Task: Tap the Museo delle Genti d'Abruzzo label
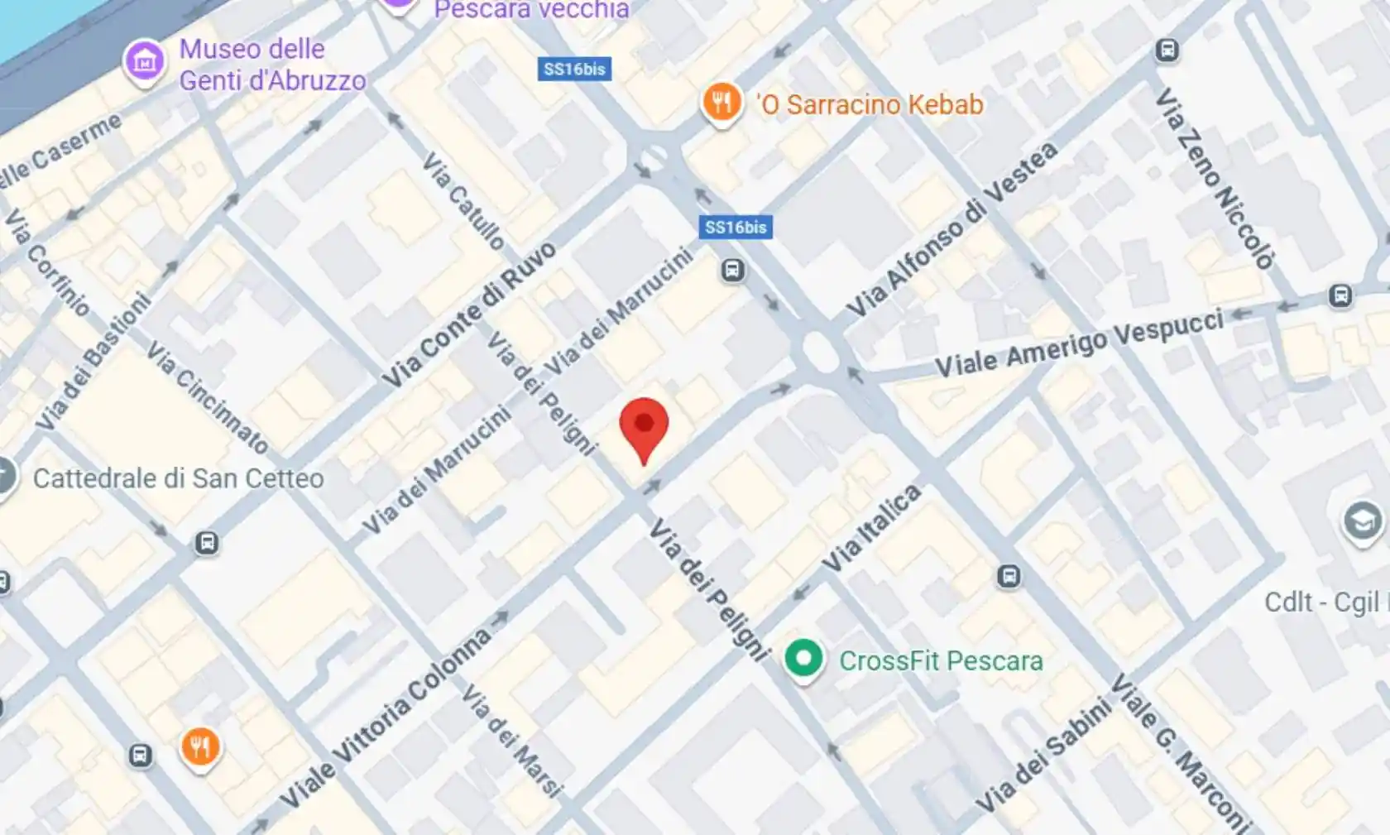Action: (271, 65)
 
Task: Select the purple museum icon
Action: (145, 61)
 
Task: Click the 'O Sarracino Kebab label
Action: (869, 105)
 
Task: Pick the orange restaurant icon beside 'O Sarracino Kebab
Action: (721, 103)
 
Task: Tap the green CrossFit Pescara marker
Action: (803, 659)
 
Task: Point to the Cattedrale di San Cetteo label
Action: (178, 478)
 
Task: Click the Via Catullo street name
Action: (463, 201)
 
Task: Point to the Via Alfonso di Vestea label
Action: (951, 230)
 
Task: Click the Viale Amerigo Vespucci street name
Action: (1079, 343)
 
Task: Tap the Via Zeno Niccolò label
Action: (1214, 179)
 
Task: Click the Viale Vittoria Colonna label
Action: (386, 718)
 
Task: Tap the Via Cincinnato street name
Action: (208, 398)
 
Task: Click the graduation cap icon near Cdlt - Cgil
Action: (1361, 521)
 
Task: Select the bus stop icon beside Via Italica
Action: (1008, 576)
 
